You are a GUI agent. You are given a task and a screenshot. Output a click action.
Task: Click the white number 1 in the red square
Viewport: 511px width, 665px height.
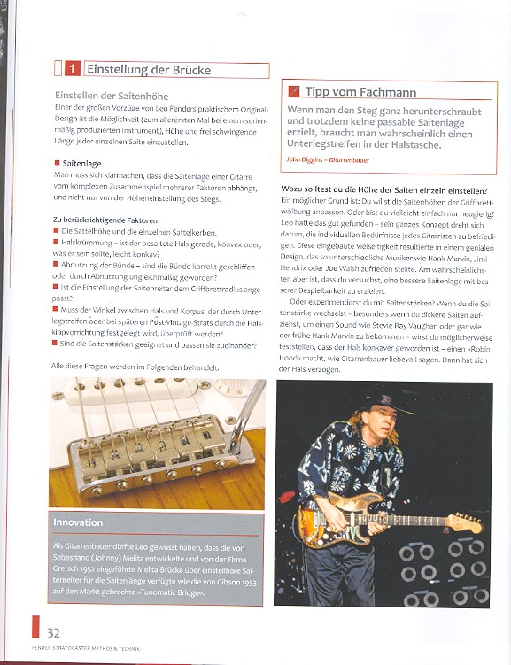click(x=72, y=69)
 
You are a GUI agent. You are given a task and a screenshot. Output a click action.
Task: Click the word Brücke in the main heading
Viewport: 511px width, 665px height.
click(x=191, y=70)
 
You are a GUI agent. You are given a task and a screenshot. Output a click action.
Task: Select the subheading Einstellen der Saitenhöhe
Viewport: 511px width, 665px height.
click(x=112, y=96)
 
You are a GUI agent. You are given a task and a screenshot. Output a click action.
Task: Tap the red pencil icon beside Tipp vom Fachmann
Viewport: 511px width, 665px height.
click(x=293, y=91)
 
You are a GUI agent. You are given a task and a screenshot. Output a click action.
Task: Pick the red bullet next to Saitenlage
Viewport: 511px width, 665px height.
click(x=58, y=163)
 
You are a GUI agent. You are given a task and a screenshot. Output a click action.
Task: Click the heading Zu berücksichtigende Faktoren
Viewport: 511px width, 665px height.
click(x=105, y=220)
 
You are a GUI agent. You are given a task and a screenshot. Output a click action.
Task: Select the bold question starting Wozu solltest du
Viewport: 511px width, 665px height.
click(x=384, y=190)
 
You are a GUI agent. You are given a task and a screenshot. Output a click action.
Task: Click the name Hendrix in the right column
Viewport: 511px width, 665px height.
click(x=293, y=268)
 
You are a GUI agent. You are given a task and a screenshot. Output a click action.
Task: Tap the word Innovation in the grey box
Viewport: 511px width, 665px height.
click(x=78, y=522)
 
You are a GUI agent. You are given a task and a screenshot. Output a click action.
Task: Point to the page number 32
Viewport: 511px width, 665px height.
click(x=53, y=633)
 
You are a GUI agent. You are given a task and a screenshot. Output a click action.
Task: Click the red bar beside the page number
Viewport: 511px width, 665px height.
click(x=35, y=627)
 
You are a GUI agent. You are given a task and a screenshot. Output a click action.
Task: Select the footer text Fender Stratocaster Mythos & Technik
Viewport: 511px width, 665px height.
click(x=86, y=648)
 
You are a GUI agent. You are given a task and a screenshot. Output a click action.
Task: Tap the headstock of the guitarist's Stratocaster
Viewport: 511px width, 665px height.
click(x=466, y=522)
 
